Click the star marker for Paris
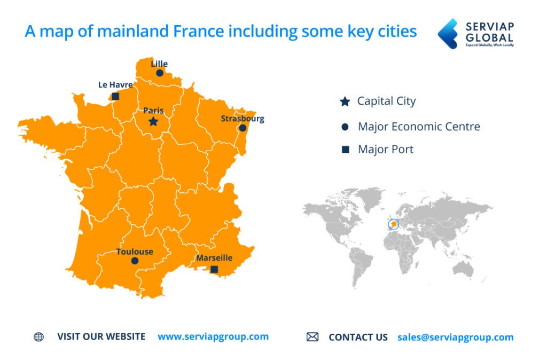tap(153, 122)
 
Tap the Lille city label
tap(159, 64)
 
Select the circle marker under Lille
tap(159, 73)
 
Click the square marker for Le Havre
tap(115, 97)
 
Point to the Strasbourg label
tap(243, 119)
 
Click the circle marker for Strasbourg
tap(243, 128)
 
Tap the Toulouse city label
tap(135, 252)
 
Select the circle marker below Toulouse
tap(135, 261)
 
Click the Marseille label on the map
tap(214, 258)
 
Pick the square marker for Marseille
tap(214, 270)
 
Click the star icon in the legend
tap(345, 101)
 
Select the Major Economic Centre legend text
tap(419, 127)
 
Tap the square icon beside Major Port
tap(345, 150)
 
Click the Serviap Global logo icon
tap(448, 33)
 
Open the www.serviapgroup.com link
tap(213, 336)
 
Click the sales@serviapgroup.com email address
tap(455, 337)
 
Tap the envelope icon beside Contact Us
tap(312, 337)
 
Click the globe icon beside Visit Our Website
tap(38, 337)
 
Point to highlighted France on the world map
tap(394, 224)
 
